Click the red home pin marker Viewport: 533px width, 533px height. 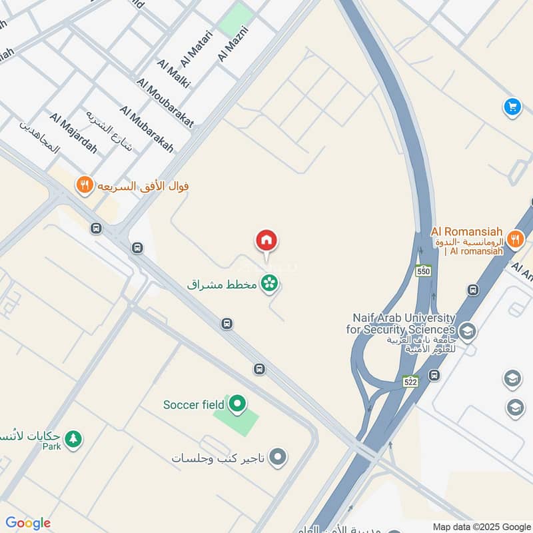[266, 242]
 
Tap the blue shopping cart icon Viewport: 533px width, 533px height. [512, 107]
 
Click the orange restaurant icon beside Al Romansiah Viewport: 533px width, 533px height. [514, 239]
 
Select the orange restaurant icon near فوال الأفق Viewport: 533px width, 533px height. [84, 185]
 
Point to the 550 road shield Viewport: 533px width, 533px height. [424, 270]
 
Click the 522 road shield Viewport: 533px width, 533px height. [410, 381]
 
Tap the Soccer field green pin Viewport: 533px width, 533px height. [237, 404]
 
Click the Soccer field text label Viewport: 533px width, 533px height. [193, 404]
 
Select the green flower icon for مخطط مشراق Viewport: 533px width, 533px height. [270, 284]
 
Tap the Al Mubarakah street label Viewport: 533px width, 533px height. [147, 129]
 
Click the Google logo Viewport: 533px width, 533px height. [28, 523]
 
